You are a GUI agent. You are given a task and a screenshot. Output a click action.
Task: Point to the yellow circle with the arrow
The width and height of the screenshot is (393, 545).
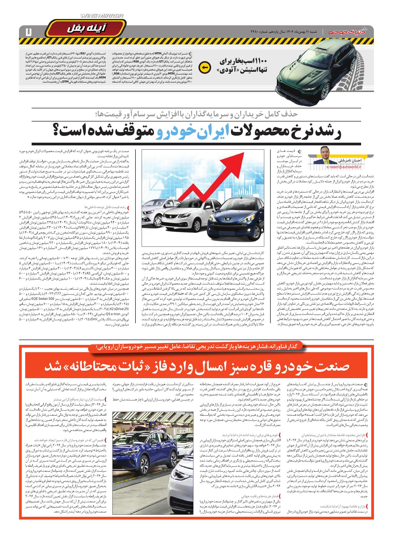tap(203, 67)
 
